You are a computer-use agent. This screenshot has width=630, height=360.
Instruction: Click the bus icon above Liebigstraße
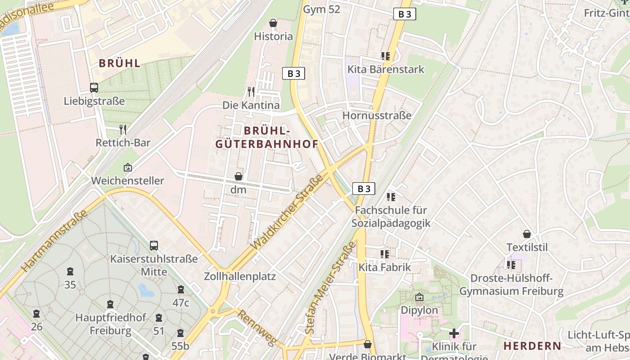(94, 88)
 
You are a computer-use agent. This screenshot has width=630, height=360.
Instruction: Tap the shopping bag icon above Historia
(273, 23)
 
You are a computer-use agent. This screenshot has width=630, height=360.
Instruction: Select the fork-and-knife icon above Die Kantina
(251, 92)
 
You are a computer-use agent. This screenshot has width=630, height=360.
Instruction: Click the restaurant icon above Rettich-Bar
(123, 130)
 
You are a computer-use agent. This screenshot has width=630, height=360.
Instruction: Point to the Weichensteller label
(127, 180)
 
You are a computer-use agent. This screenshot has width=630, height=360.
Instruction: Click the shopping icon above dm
(238, 176)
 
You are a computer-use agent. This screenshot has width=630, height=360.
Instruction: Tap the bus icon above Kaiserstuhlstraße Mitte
(154, 246)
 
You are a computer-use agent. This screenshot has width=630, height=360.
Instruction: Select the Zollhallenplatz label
(239, 276)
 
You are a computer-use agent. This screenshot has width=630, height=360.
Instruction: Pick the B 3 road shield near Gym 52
(405, 14)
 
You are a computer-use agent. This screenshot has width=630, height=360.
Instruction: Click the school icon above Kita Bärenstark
(386, 56)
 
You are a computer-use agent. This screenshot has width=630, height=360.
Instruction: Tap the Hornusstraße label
(377, 116)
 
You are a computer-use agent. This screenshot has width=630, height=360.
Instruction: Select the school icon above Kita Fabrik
(385, 254)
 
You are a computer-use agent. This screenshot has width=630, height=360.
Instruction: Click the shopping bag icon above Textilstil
(527, 234)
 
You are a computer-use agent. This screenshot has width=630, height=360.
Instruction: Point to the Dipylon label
(419, 310)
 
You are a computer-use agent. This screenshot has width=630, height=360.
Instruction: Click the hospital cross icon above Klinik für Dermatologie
(454, 333)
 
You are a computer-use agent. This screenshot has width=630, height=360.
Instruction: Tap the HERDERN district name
(532, 346)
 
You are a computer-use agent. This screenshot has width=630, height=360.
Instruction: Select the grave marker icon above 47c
(181, 289)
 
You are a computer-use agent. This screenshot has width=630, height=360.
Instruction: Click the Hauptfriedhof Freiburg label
(111, 324)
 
